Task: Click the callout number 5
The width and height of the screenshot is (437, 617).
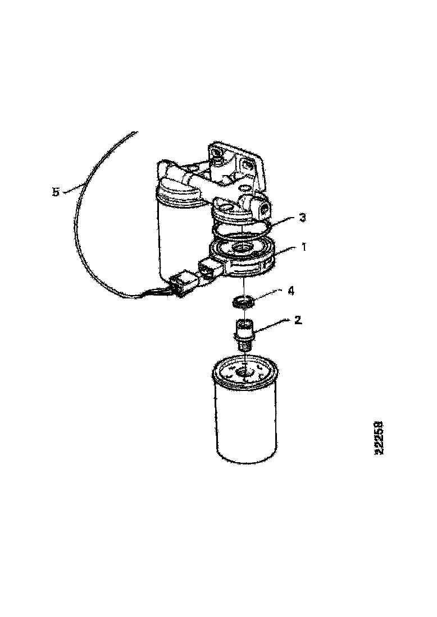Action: click(56, 192)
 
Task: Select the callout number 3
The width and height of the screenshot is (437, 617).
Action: click(302, 218)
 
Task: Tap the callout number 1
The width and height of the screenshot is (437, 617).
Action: click(304, 247)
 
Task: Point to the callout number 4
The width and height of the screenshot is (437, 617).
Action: click(291, 291)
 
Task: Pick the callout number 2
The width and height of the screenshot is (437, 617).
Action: click(298, 320)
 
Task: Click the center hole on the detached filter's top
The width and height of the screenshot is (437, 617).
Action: click(245, 372)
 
